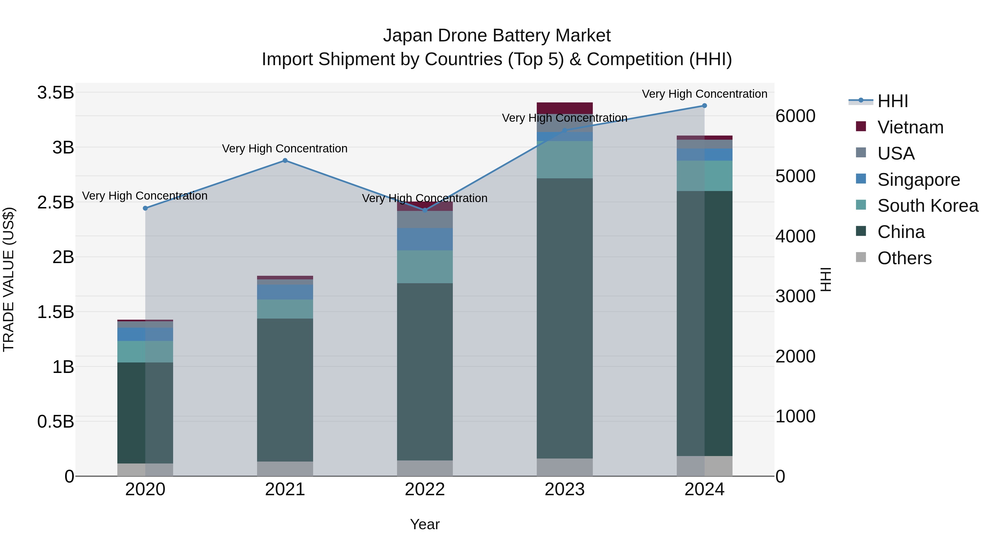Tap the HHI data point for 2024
[x=704, y=106]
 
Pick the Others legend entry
[x=904, y=258]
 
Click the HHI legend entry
[x=892, y=101]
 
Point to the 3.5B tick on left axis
[x=55, y=92]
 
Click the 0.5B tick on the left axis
[x=55, y=422]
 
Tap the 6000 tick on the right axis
[x=795, y=116]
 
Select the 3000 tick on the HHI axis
[x=795, y=296]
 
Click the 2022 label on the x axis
[x=425, y=489]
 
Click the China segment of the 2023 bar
[x=565, y=318]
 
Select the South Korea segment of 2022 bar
[x=425, y=267]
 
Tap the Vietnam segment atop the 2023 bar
[x=565, y=108]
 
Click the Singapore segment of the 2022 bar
[x=425, y=239]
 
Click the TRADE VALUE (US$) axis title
[x=9, y=279]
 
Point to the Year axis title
[x=425, y=524]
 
